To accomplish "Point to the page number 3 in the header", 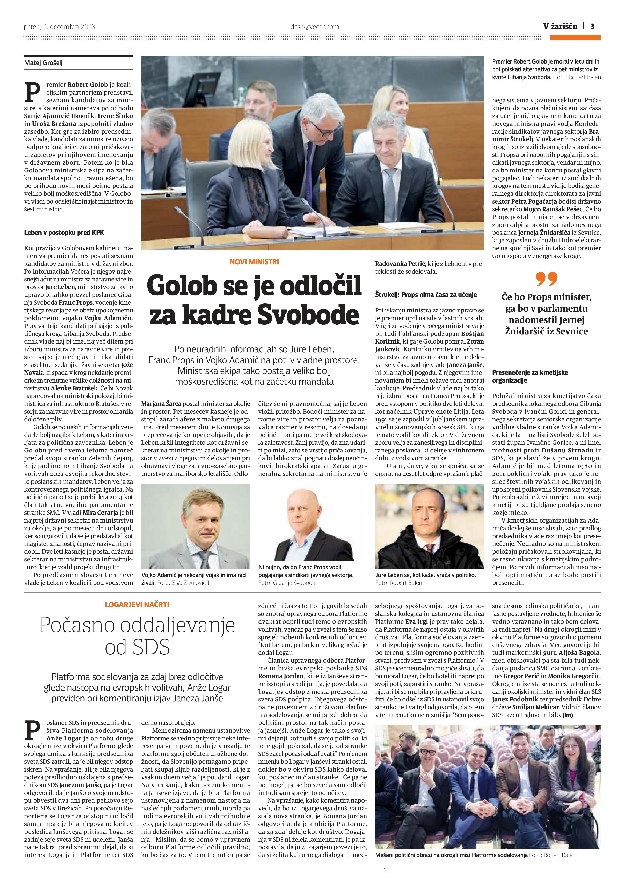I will click(592, 26).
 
